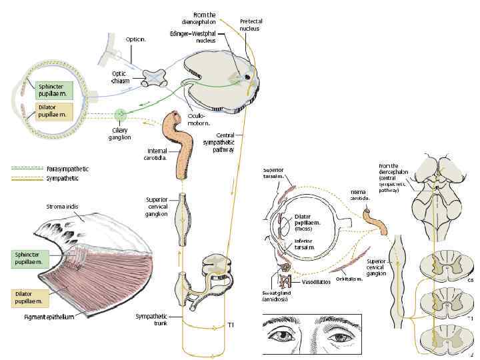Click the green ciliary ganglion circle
pos(120,114)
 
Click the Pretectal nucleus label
pos(251,25)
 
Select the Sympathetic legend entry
pos(63,178)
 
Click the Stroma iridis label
pos(63,207)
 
